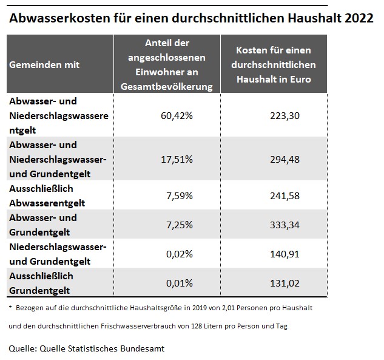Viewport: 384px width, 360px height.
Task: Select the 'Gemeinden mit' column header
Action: (x=44, y=64)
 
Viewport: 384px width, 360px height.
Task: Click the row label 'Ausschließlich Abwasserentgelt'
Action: (x=47, y=195)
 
